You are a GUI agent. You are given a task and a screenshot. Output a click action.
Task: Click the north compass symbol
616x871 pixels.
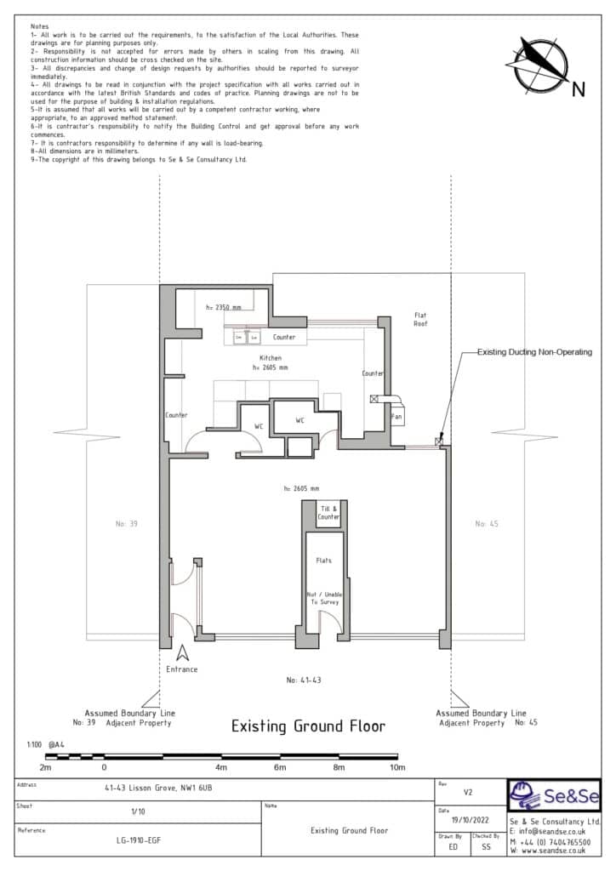click(543, 65)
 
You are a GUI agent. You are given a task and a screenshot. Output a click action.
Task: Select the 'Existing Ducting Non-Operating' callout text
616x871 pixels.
click(533, 351)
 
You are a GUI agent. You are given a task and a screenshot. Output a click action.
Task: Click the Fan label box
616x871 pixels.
click(396, 417)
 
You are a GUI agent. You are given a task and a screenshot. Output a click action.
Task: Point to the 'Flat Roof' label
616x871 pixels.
click(419, 319)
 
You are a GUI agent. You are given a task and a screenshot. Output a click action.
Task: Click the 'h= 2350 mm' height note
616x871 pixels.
click(224, 307)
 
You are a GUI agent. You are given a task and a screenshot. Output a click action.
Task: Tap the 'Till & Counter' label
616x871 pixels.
click(328, 512)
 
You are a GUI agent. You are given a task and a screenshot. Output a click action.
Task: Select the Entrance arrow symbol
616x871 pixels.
click(182, 653)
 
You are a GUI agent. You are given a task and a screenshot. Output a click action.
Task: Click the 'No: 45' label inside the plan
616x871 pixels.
click(487, 524)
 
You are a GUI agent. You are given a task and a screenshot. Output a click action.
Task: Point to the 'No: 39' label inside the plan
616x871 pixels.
click(126, 524)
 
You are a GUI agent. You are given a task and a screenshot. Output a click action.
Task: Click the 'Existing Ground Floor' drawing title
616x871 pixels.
click(308, 726)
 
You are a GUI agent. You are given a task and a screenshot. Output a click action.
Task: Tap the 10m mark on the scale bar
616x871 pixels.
click(396, 767)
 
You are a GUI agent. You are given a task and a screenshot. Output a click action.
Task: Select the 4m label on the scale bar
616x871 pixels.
click(222, 767)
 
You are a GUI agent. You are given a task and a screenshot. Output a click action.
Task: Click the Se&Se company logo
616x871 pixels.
click(554, 797)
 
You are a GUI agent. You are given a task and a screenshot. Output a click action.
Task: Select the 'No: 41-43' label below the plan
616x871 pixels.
click(305, 680)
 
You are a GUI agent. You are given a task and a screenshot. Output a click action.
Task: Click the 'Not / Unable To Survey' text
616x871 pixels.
click(323, 598)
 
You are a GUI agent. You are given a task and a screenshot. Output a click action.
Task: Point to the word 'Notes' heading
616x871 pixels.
click(39, 27)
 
